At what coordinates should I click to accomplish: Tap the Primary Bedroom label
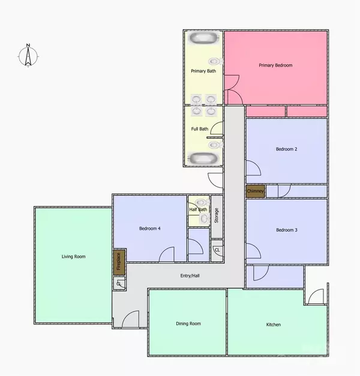[x=275, y=65]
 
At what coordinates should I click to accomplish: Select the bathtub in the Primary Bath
[x=203, y=39]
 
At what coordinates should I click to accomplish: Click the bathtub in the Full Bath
[x=203, y=158]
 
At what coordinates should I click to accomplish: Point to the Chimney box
[x=255, y=191]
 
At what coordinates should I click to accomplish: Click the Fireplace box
[x=118, y=262]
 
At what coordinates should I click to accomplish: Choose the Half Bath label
[x=198, y=210]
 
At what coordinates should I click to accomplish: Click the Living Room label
[x=73, y=256]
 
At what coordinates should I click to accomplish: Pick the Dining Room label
[x=188, y=324]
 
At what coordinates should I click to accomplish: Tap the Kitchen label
[x=274, y=325]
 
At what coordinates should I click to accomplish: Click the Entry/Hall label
[x=191, y=276]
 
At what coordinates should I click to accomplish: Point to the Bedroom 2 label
[x=287, y=149]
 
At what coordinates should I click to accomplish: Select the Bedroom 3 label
[x=287, y=230]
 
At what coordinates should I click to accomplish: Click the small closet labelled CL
[x=217, y=249]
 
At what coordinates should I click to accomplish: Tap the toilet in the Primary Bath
[x=213, y=61]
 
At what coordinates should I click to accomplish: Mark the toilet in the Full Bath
[x=213, y=144]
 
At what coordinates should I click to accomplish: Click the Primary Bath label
[x=203, y=71]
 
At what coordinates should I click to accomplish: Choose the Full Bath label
[x=200, y=129]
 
